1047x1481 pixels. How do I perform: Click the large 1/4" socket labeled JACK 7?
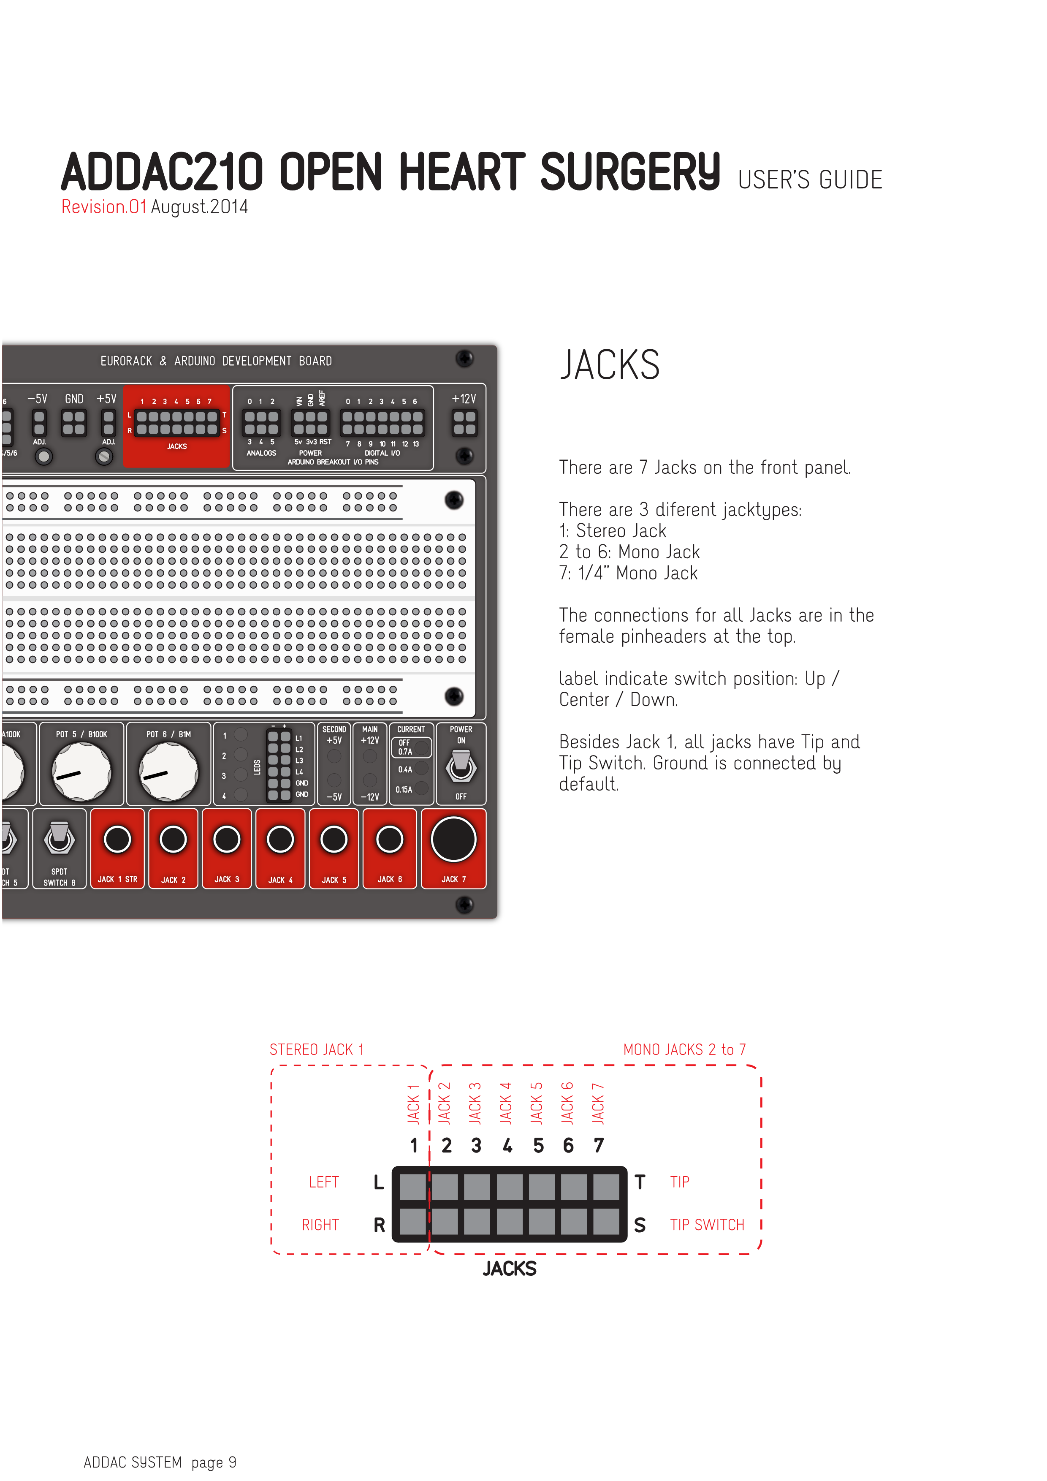point(453,839)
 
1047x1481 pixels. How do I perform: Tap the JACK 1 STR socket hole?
point(117,839)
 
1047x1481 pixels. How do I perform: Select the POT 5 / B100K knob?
point(81,772)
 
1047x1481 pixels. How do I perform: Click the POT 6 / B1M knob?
point(169,772)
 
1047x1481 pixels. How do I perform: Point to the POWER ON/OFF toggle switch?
point(461,765)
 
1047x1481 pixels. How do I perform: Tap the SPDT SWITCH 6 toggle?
point(59,837)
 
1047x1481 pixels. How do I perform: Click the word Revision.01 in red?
point(104,207)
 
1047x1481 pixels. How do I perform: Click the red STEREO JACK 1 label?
point(317,1049)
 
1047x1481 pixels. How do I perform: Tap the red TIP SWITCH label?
point(707,1225)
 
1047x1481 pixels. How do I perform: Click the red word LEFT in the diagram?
point(324,1182)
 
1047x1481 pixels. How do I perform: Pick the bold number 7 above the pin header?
point(599,1146)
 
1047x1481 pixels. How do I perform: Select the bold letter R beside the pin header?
point(379,1225)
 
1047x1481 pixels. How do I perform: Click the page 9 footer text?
point(213,1462)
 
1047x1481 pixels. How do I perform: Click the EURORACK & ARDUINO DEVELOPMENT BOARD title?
point(216,361)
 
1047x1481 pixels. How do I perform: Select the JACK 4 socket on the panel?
point(280,839)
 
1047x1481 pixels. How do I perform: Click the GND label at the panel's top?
point(74,399)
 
